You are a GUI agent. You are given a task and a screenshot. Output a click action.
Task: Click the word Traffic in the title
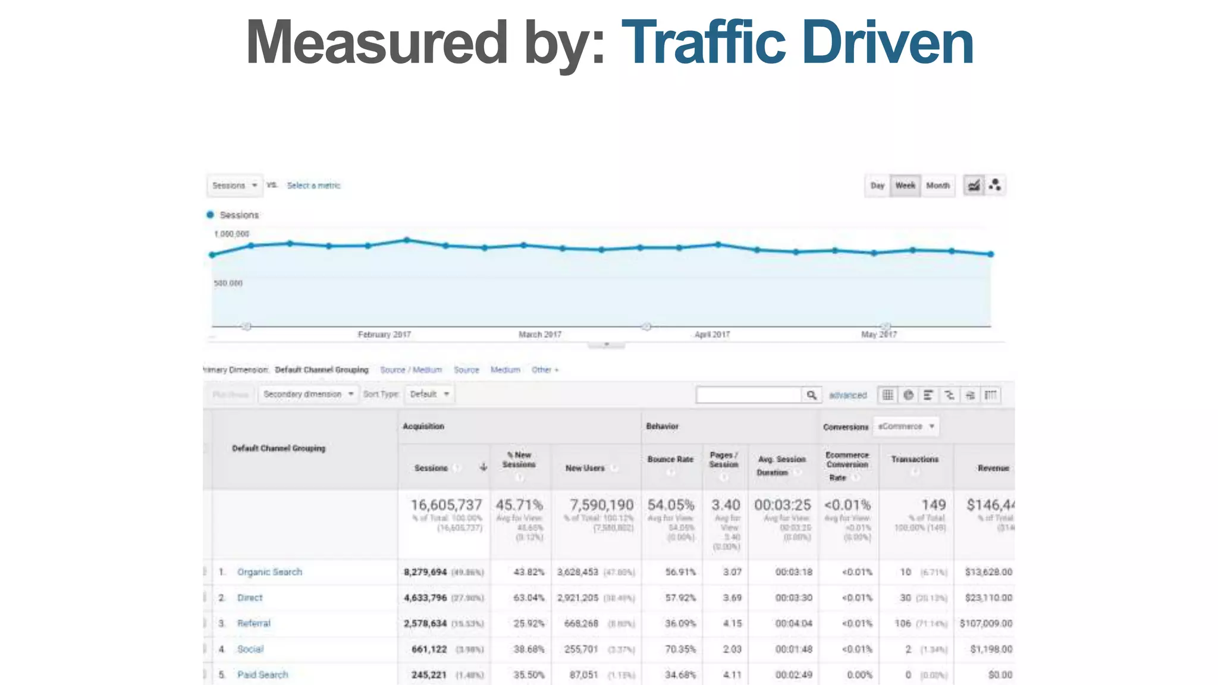pyautogui.click(x=704, y=43)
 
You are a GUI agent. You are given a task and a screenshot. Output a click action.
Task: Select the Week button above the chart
pyautogui.click(x=905, y=186)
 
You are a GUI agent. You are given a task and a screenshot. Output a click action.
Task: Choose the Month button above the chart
pyautogui.click(x=938, y=186)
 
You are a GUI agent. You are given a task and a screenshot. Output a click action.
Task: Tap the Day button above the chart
pyautogui.click(x=877, y=186)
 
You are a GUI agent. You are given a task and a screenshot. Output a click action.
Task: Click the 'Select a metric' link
pyautogui.click(x=313, y=186)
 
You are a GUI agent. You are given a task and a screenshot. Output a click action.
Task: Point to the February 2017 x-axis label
pyautogui.click(x=384, y=335)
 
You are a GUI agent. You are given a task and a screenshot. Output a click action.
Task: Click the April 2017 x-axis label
pyautogui.click(x=712, y=335)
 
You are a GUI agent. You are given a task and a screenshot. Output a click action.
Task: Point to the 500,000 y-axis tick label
pyautogui.click(x=228, y=283)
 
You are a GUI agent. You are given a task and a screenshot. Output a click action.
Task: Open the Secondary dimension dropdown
pyautogui.click(x=308, y=394)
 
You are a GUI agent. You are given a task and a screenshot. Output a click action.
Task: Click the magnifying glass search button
pyautogui.click(x=811, y=395)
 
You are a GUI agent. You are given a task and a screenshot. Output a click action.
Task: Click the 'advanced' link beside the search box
pyautogui.click(x=847, y=395)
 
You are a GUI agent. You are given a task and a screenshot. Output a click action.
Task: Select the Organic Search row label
pyautogui.click(x=269, y=572)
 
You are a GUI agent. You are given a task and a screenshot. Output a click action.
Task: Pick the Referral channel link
pyautogui.click(x=253, y=623)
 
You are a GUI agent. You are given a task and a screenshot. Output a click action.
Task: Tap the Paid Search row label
pyautogui.click(x=262, y=675)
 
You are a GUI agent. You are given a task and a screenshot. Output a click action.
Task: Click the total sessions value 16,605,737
pyautogui.click(x=446, y=505)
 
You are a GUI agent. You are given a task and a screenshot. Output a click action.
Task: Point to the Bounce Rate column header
pyautogui.click(x=670, y=460)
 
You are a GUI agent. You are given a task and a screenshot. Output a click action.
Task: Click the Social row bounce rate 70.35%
pyautogui.click(x=680, y=649)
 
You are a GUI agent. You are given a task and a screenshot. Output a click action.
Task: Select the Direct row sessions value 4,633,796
pyautogui.click(x=425, y=598)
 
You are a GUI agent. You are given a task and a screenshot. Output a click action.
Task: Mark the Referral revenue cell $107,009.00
pyautogui.click(x=986, y=623)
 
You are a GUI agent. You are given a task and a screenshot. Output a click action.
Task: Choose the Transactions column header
pyautogui.click(x=915, y=460)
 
